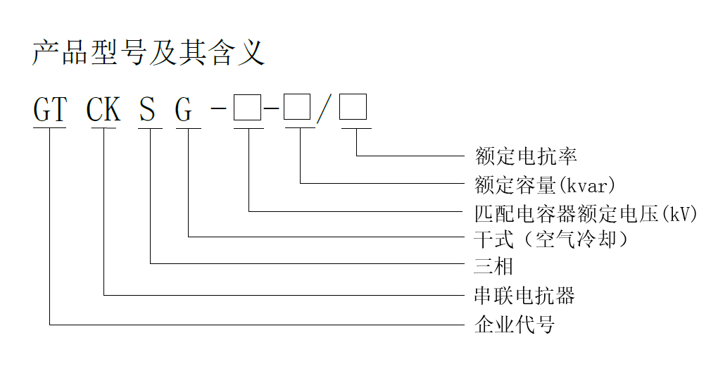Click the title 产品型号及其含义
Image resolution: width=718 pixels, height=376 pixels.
pyautogui.click(x=149, y=53)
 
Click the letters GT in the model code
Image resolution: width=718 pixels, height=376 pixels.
pyautogui.click(x=51, y=109)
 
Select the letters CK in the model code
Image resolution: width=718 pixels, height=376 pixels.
pyautogui.click(x=103, y=109)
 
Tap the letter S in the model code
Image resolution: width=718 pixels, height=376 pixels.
pyautogui.click(x=147, y=109)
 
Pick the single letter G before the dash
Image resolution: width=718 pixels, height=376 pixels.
pyautogui.click(x=184, y=110)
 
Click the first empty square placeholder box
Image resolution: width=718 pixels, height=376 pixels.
pyautogui.click(x=247, y=108)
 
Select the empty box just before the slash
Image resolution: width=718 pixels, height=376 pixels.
pyautogui.click(x=297, y=107)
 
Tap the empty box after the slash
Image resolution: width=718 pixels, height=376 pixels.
pyautogui.click(x=353, y=107)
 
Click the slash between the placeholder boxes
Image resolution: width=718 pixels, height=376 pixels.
pyautogui.click(x=324, y=109)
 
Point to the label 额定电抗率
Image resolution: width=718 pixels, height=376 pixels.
pyautogui.click(x=526, y=156)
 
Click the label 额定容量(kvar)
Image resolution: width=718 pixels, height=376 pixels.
pyautogui.click(x=545, y=185)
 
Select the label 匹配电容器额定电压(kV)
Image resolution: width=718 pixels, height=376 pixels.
pyautogui.click(x=586, y=213)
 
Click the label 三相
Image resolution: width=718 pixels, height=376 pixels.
pyautogui.click(x=493, y=266)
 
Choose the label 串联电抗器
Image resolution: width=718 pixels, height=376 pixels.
pyautogui.click(x=524, y=296)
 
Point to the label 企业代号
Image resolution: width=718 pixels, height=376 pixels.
pyautogui.click(x=515, y=325)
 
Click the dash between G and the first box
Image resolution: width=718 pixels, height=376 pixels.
pyautogui.click(x=219, y=108)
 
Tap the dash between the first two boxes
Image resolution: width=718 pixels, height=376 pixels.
pyautogui.click(x=272, y=108)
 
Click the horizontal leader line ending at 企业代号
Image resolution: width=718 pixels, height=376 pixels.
pyautogui.click(x=257, y=325)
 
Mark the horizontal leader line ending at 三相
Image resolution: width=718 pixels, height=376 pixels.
pyautogui.click(x=308, y=264)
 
